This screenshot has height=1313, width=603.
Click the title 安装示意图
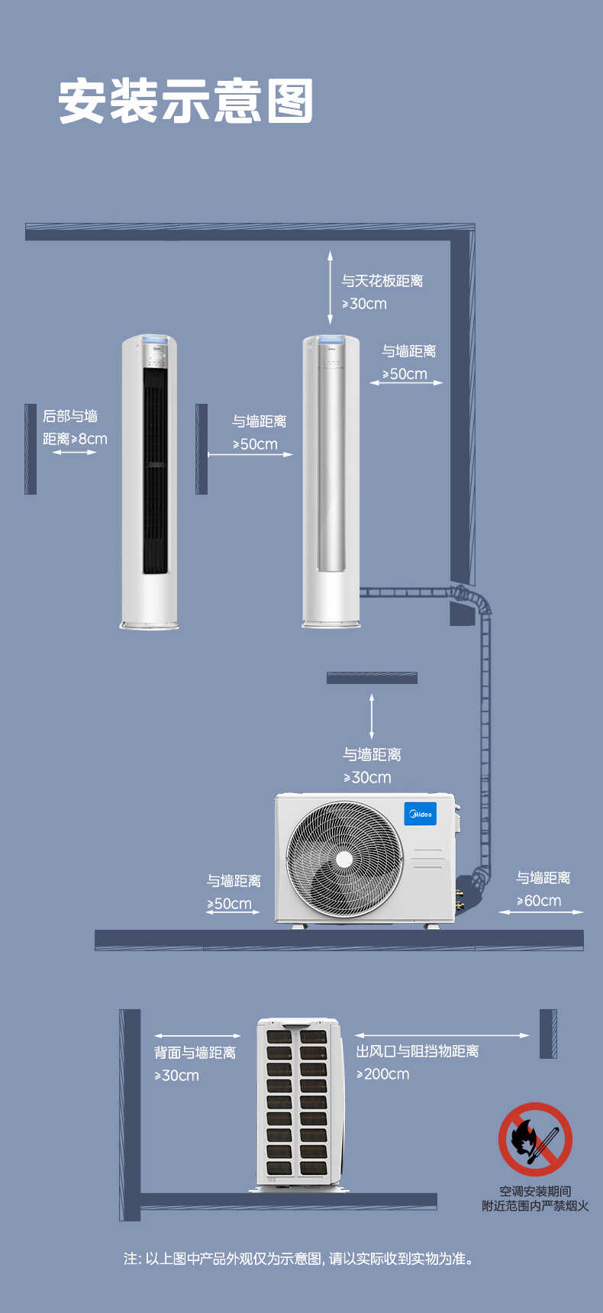(185, 101)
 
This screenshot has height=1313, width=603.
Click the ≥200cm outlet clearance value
(383, 1074)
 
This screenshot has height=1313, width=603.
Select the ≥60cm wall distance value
(539, 901)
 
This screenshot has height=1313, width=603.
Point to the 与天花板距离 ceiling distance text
(382, 281)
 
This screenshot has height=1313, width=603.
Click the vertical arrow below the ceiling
(331, 287)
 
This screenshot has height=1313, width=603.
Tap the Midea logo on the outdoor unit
(420, 814)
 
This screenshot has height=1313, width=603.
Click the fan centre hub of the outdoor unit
(344, 860)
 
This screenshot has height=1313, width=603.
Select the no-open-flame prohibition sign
(535, 1139)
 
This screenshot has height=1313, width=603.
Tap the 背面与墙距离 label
(195, 1053)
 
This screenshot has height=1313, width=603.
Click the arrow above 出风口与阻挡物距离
(442, 1036)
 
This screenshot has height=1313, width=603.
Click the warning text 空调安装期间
(535, 1191)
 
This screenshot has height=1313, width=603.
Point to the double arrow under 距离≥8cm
(74, 453)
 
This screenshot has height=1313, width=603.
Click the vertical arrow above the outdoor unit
(372, 717)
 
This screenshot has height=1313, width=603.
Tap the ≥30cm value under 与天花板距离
(364, 304)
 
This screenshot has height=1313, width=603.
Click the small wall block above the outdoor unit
(372, 678)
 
